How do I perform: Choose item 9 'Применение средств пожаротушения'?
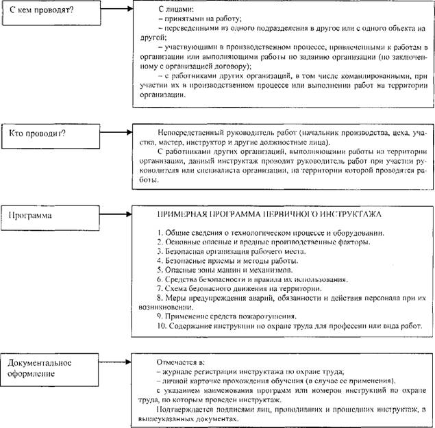pos(227,316)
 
